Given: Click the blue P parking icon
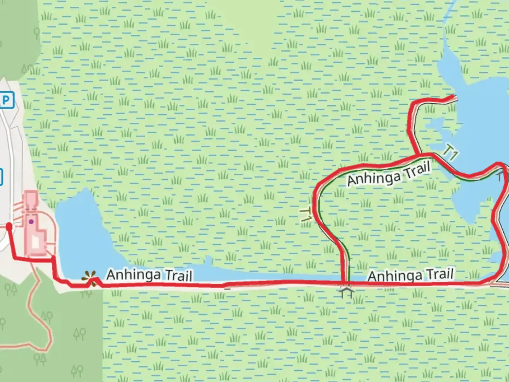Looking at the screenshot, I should [6, 100].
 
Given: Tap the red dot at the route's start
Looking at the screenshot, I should [9, 226].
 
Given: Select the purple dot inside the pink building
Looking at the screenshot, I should [31, 222].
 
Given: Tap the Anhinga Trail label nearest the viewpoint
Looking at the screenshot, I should [150, 275].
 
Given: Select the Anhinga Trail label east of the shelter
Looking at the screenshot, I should [410, 275].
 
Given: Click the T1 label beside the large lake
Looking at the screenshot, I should [451, 153].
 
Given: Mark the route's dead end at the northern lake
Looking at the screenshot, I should [454, 97].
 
